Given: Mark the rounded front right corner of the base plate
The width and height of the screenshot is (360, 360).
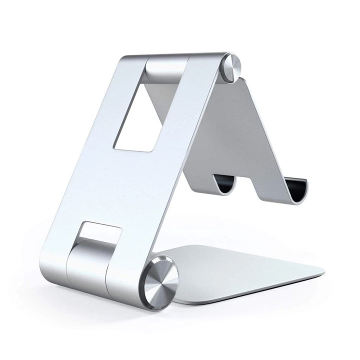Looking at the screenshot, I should tap(320, 273).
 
